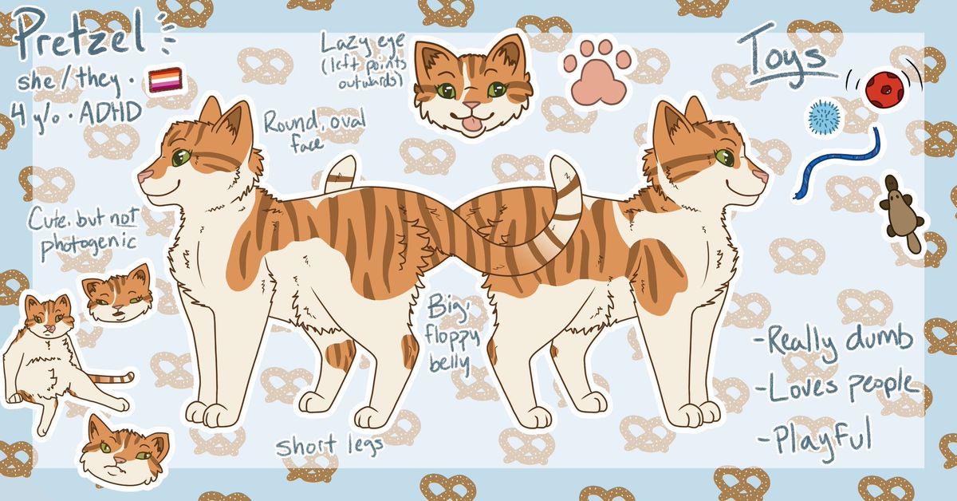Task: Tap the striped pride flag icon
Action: coord(165,80)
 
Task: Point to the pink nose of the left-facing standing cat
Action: coord(145,176)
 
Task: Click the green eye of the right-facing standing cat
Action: coord(723,156)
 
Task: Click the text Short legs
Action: coord(329,445)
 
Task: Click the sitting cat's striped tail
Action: coord(112,379)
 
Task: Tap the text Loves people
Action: coord(837,386)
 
